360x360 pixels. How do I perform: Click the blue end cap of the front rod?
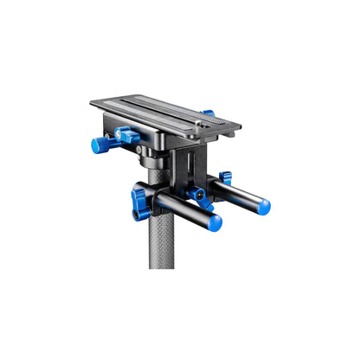[x=215, y=223]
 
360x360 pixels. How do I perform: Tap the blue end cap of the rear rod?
[x=263, y=207]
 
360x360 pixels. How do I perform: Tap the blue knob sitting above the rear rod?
[x=226, y=178]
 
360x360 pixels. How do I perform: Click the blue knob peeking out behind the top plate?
[x=208, y=112]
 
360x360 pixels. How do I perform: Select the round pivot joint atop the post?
[x=153, y=159]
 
